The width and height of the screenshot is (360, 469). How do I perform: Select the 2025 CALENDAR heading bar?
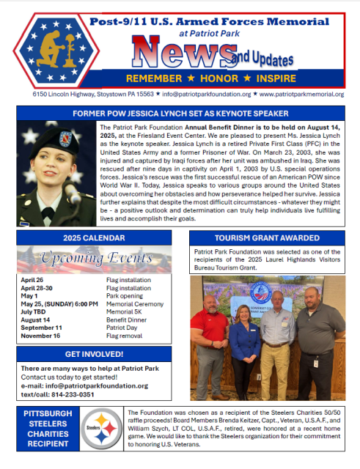point(95,239)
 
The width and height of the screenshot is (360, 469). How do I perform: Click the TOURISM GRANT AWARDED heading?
point(267,239)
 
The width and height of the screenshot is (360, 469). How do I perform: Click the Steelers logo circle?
point(102,428)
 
